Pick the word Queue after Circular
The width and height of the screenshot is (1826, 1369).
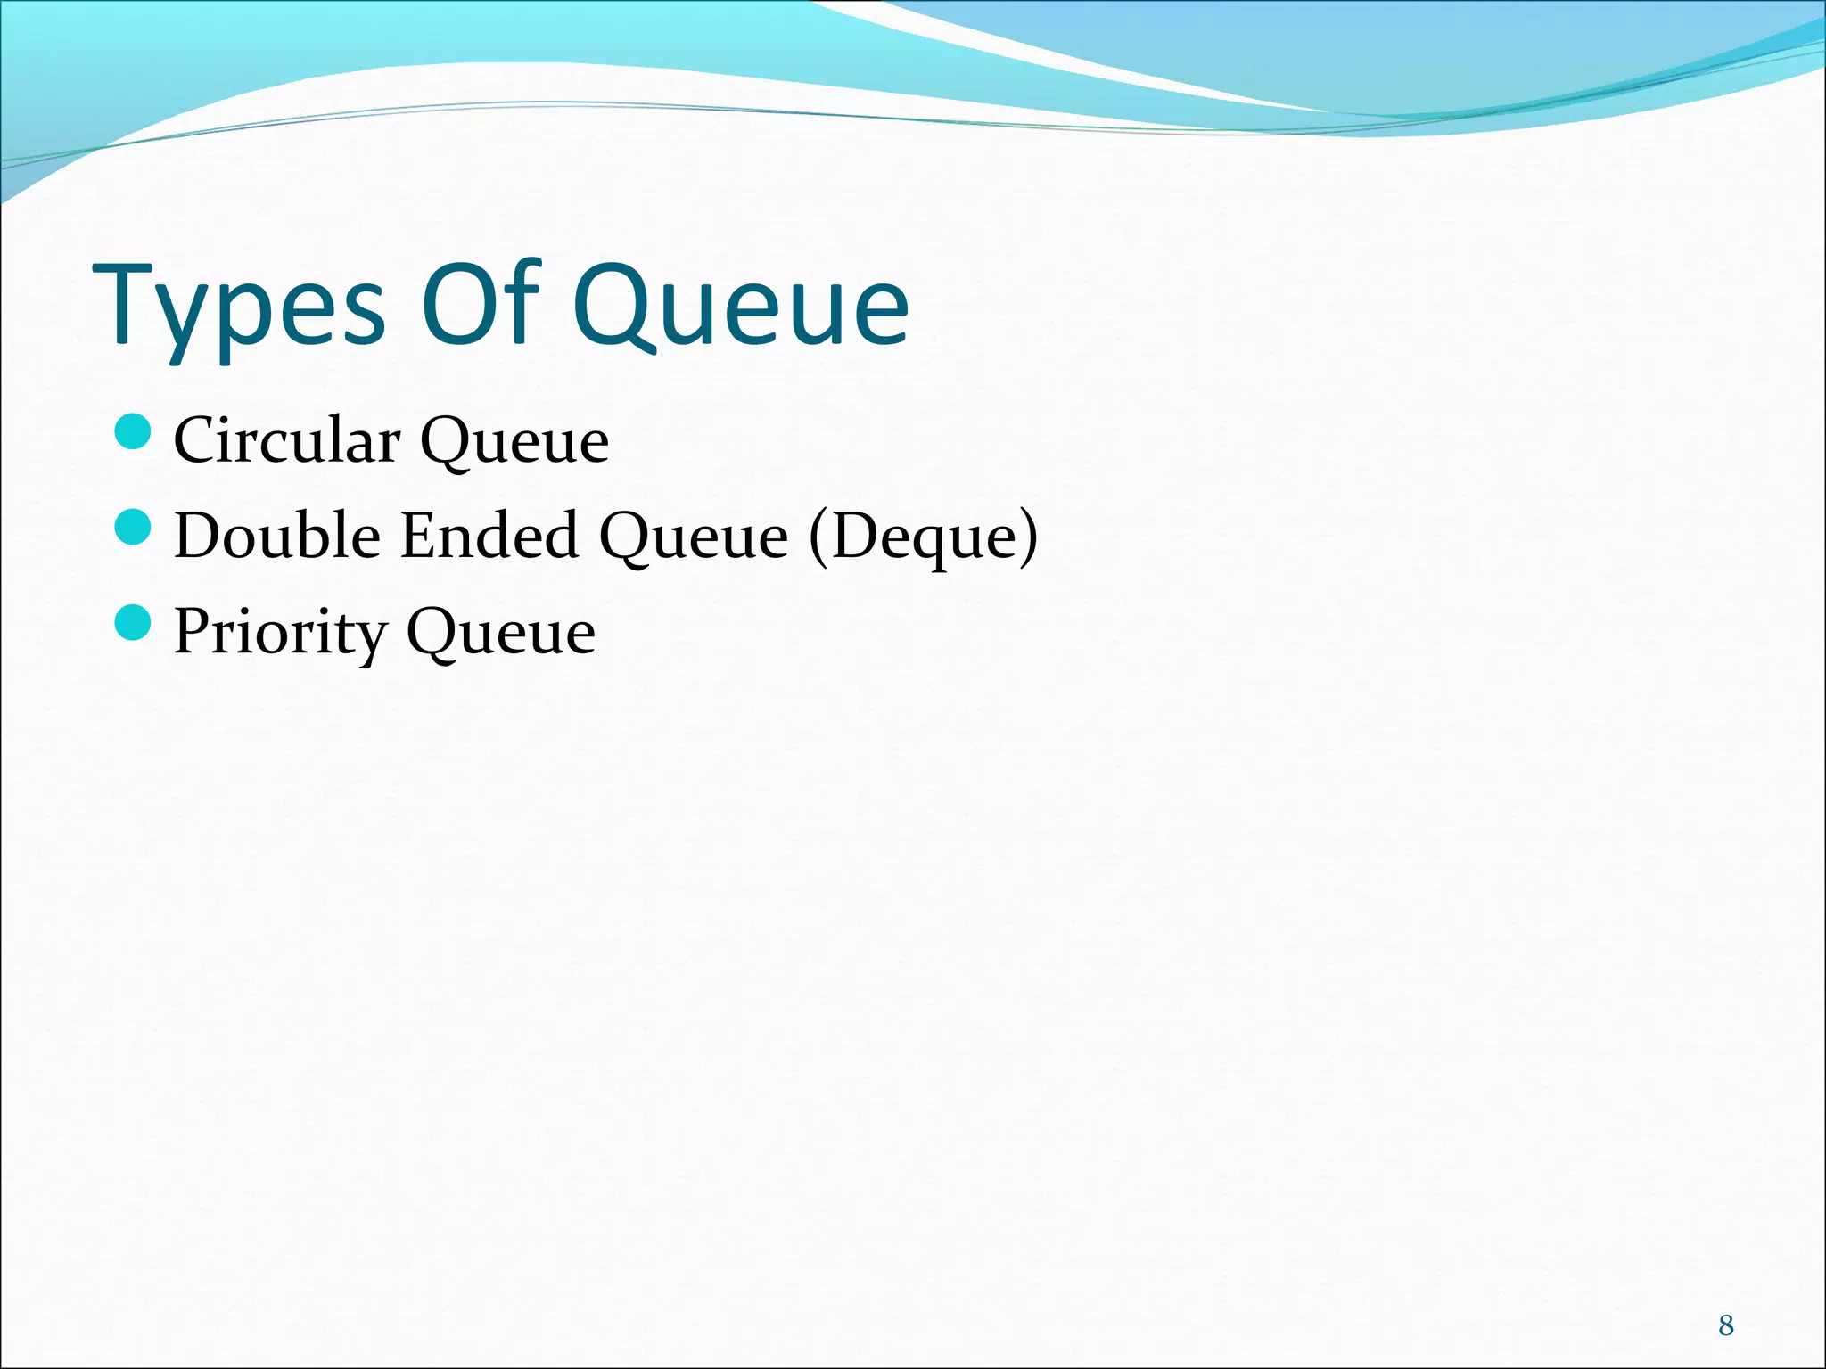pyautogui.click(x=514, y=442)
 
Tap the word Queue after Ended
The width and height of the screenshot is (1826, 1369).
pyautogui.click(x=694, y=537)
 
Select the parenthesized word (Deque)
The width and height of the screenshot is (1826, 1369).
pyautogui.click(x=924, y=537)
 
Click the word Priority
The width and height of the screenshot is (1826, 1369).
pyautogui.click(x=280, y=633)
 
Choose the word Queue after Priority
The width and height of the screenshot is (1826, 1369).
pyautogui.click(x=501, y=633)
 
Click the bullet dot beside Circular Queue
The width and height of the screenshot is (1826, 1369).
pyautogui.click(x=134, y=432)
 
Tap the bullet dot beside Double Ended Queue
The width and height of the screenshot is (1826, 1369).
pyautogui.click(x=134, y=527)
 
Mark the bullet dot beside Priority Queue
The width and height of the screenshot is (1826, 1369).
pyautogui.click(x=134, y=622)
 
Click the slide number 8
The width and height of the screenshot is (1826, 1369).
pyautogui.click(x=1726, y=1325)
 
